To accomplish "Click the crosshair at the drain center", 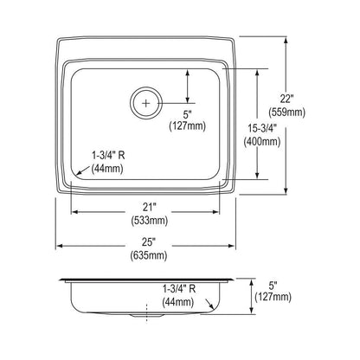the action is [146, 103].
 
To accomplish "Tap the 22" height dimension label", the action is [286, 99].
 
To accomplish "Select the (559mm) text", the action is [286, 112].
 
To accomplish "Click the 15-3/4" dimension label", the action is [262, 128].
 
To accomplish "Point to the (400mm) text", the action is [262, 141].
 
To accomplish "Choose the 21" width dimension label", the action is [149, 207].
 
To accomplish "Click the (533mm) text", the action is [149, 221].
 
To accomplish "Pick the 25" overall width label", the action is [149, 241].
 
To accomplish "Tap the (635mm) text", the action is [149, 255].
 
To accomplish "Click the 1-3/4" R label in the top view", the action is [108, 156].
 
